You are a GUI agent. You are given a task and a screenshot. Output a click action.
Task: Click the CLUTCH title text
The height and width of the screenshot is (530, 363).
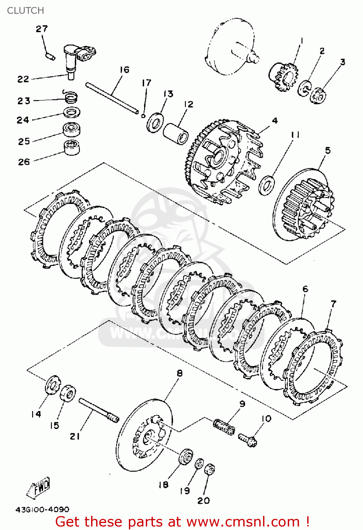pyautogui.click(x=25, y=11)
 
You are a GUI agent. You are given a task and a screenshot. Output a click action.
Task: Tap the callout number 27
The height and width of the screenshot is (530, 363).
pyautogui.click(x=42, y=29)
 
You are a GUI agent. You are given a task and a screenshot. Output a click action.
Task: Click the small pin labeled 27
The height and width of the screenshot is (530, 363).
pyautogui.click(x=50, y=56)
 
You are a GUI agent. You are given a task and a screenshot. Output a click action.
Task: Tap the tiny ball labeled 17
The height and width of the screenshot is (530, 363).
pyautogui.click(x=143, y=115)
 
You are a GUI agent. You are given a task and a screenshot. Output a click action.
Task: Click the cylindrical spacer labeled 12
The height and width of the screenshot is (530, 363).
pyautogui.click(x=175, y=134)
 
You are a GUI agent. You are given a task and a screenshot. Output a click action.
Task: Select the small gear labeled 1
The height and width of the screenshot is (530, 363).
pyautogui.click(x=284, y=76)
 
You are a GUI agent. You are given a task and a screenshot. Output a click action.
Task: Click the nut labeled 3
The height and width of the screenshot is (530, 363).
pyautogui.click(x=318, y=95)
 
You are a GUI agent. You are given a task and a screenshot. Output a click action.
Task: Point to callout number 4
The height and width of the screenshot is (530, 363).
pyautogui.click(x=275, y=121)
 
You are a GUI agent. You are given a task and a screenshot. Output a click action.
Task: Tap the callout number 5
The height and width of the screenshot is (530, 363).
pyautogui.click(x=328, y=151)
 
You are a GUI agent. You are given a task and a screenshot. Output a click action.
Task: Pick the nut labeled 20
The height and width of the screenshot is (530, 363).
pyautogui.click(x=210, y=470)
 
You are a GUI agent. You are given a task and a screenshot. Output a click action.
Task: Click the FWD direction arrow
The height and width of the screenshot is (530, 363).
pyautogui.click(x=39, y=488)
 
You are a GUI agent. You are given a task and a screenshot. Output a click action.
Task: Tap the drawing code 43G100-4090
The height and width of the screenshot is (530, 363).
pyautogui.click(x=42, y=510)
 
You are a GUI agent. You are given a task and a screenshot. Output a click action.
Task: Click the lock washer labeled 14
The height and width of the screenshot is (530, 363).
pyautogui.click(x=52, y=385)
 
